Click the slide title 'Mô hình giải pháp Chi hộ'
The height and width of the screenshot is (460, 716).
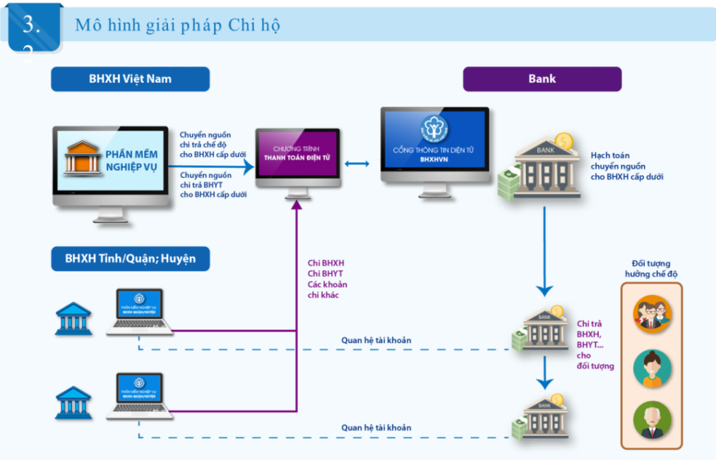[177, 25]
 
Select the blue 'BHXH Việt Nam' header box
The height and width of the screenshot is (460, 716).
[130, 79]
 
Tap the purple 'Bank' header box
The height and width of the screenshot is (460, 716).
[542, 79]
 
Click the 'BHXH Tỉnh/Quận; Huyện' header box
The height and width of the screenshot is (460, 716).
[130, 259]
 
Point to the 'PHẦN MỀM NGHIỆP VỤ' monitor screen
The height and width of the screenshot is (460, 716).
[110, 160]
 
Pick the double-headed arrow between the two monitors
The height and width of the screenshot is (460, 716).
[357, 164]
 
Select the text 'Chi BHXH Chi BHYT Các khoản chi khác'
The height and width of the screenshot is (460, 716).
[327, 279]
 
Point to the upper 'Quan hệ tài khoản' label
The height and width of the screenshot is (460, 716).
[376, 340]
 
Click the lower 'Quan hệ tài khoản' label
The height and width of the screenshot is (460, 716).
[376, 428]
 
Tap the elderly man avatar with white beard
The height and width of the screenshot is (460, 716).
[652, 420]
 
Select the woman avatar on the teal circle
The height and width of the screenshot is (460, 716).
[652, 368]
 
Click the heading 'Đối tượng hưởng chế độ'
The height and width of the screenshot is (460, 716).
[651, 269]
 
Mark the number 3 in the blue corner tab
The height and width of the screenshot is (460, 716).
[31, 24]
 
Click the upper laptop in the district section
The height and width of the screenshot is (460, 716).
[139, 310]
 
